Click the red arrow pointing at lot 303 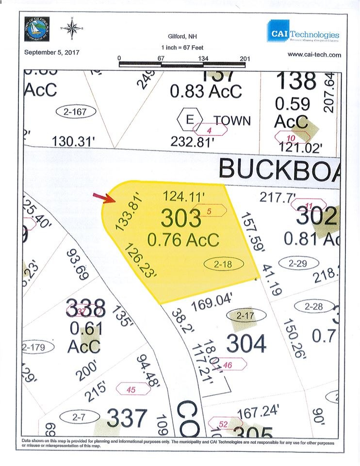pyautogui.click(x=103, y=197)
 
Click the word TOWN pyautogui.click(x=232, y=120)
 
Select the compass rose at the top pyautogui.click(x=72, y=29)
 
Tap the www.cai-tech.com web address pyautogui.click(x=314, y=55)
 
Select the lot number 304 pyautogui.click(x=246, y=344)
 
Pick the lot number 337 pyautogui.click(x=127, y=418)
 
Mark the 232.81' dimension pyautogui.click(x=193, y=142)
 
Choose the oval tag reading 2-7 pyautogui.click(x=79, y=416)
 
